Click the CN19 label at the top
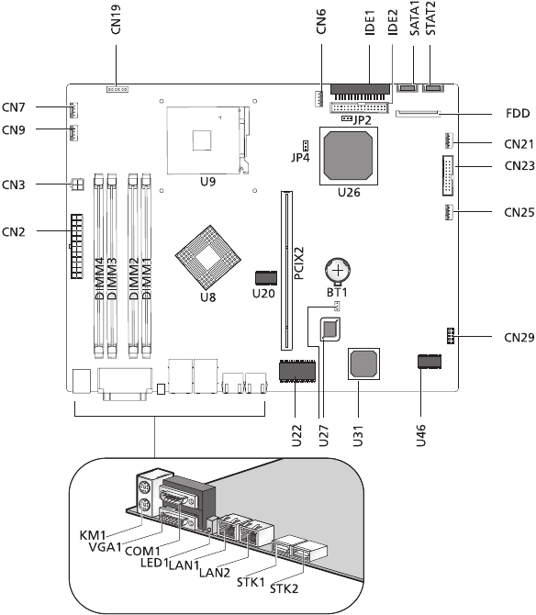click(116, 19)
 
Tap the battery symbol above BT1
click(338, 271)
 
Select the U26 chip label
click(349, 192)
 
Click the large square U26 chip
click(349, 155)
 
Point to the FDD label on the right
click(518, 113)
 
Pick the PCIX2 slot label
click(299, 263)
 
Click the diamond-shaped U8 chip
click(207, 257)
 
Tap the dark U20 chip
click(266, 278)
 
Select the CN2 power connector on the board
click(76, 246)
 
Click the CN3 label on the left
click(14, 184)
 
